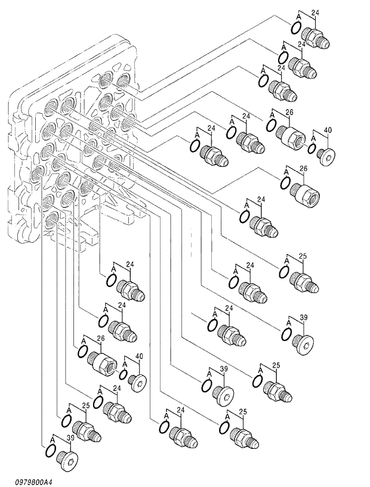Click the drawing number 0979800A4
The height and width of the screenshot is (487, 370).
[x=30, y=481]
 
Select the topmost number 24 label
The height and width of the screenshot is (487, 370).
[x=316, y=11]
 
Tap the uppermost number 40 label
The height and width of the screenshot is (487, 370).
[x=327, y=131]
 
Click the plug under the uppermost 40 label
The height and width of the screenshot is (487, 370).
[x=327, y=155]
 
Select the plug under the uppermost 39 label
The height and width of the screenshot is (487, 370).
[x=304, y=344]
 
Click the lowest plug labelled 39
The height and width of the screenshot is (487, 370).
[x=69, y=461]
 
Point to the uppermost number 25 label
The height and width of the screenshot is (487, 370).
[x=303, y=256]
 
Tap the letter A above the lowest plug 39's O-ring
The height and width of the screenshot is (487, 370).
[x=52, y=439]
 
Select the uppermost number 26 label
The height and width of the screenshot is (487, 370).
[x=289, y=111]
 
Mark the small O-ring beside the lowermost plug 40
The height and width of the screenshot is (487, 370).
[x=124, y=375]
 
